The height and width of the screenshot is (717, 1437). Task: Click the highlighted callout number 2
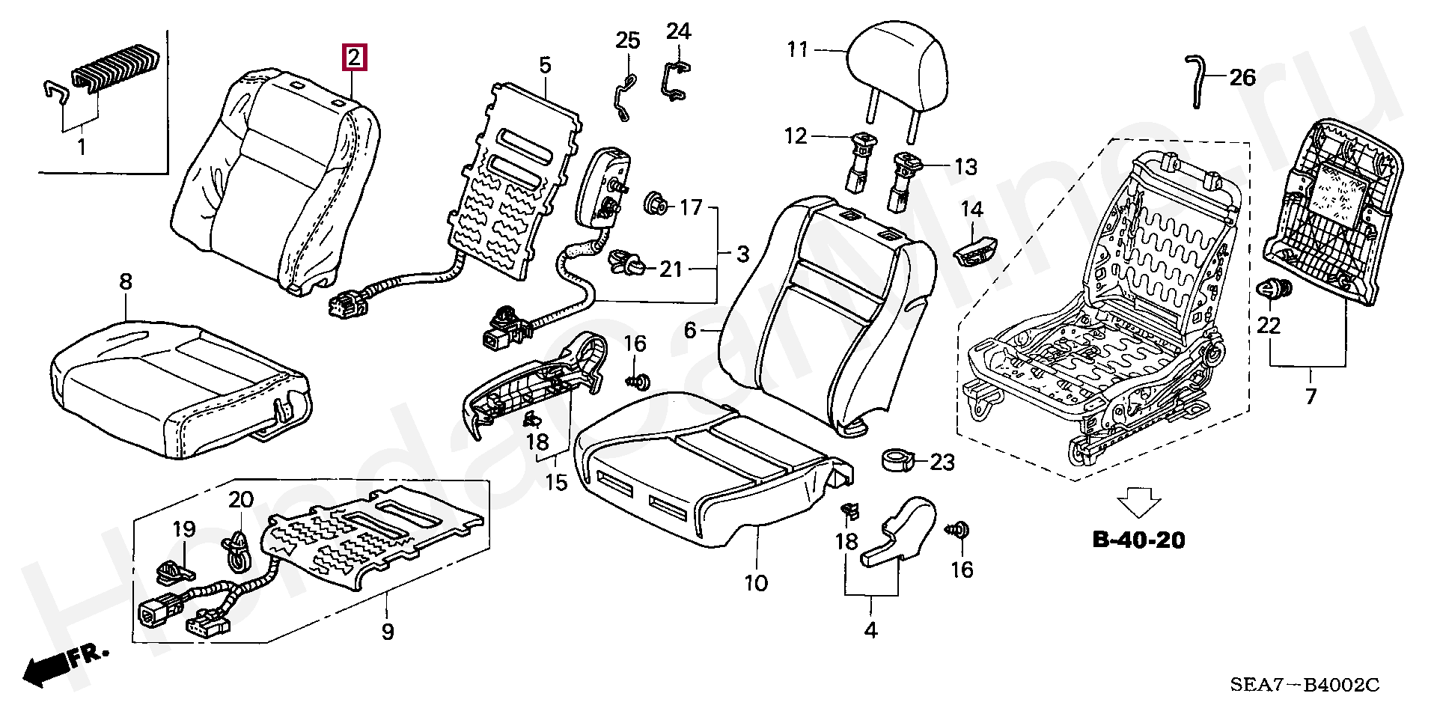[x=354, y=58]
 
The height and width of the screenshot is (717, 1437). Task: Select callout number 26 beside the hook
[x=1242, y=77]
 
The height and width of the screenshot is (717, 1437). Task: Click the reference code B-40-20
[x=1139, y=540]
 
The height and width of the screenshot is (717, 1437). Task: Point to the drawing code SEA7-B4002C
[x=1305, y=684]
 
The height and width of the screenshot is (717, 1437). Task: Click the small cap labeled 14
[x=975, y=251]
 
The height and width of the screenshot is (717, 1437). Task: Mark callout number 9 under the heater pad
[x=387, y=632]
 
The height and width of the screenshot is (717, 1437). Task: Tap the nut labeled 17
[x=656, y=204]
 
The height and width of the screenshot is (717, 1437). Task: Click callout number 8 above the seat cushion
[x=126, y=281]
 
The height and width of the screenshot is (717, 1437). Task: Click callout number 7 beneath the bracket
[x=1310, y=396]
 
